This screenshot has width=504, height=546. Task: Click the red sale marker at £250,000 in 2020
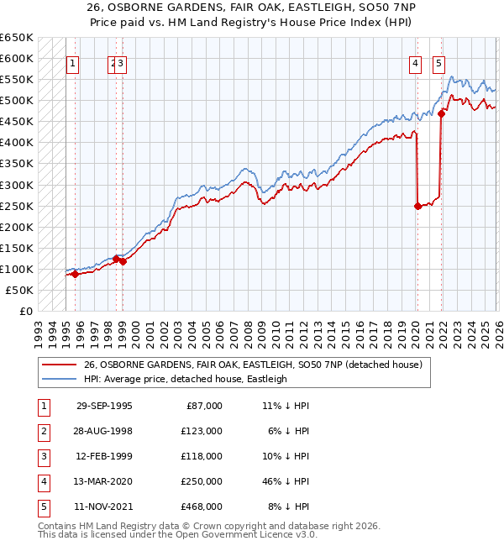417,205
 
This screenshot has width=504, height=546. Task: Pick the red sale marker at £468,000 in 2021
442,113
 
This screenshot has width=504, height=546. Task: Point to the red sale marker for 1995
75,274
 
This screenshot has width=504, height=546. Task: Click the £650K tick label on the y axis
16,38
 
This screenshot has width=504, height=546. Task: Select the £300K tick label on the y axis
16,185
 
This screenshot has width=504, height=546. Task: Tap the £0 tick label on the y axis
24,311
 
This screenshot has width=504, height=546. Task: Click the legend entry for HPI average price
185,379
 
